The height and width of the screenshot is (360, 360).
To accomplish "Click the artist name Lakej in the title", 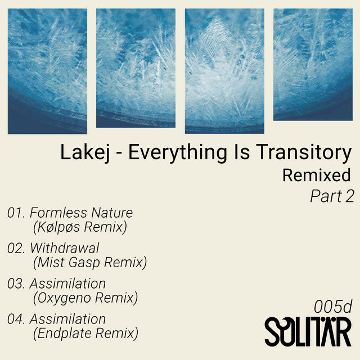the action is point(85,152).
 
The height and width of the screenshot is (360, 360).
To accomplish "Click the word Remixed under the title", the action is point(316,175).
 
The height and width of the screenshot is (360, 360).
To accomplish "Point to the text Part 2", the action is point(332,196).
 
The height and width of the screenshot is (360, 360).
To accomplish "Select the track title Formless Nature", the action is point(81,213).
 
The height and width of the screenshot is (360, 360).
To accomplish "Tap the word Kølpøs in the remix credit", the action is point(58,227).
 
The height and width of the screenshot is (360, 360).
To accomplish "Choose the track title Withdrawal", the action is point(65,248).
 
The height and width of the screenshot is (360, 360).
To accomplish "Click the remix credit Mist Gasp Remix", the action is point(90,263).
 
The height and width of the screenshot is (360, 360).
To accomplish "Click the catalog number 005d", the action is point(332,307).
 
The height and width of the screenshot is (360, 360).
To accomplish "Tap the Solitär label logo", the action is point(308,332).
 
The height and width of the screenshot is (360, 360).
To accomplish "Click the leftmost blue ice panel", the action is point(47,71).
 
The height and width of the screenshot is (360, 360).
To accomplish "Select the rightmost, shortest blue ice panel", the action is point(313,65).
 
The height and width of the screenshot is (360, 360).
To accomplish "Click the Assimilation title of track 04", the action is point(67,319).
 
